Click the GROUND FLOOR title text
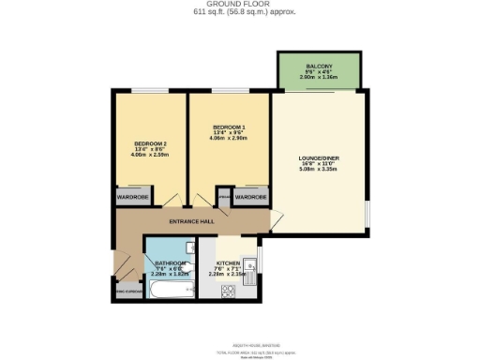(x=240, y=6)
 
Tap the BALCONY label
(x=319, y=66)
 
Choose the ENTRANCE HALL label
(x=191, y=221)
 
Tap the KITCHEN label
(x=229, y=263)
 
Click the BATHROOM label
(x=167, y=263)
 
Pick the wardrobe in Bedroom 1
(x=250, y=198)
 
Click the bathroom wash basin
(x=189, y=272)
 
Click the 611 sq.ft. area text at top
(x=240, y=14)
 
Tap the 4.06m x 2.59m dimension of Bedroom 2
(x=151, y=155)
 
